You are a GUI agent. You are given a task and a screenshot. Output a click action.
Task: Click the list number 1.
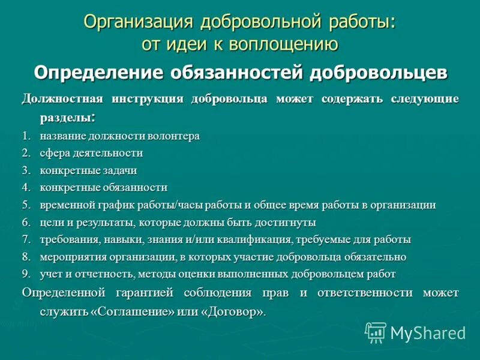click(x=25, y=136)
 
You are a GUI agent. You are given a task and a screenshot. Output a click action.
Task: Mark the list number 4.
click(x=25, y=188)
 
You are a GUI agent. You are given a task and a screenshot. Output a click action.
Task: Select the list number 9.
click(x=25, y=274)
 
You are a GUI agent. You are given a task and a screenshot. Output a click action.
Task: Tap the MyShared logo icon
click(x=376, y=332)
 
